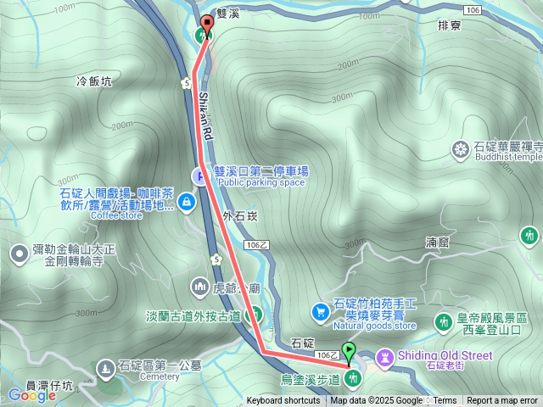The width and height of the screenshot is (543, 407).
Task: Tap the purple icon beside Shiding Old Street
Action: tap(386, 356)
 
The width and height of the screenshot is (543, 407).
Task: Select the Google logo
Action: tap(32, 395)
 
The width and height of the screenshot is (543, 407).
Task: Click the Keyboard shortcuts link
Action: tap(283, 401)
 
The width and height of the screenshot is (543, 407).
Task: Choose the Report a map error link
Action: tap(501, 401)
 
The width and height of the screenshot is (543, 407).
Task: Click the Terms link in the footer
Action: tap(445, 401)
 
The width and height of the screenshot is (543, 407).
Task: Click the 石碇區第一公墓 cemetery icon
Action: tap(105, 368)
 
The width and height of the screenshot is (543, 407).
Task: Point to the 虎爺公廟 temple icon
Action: tap(200, 286)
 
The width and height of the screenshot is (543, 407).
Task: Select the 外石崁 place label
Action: tap(240, 215)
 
